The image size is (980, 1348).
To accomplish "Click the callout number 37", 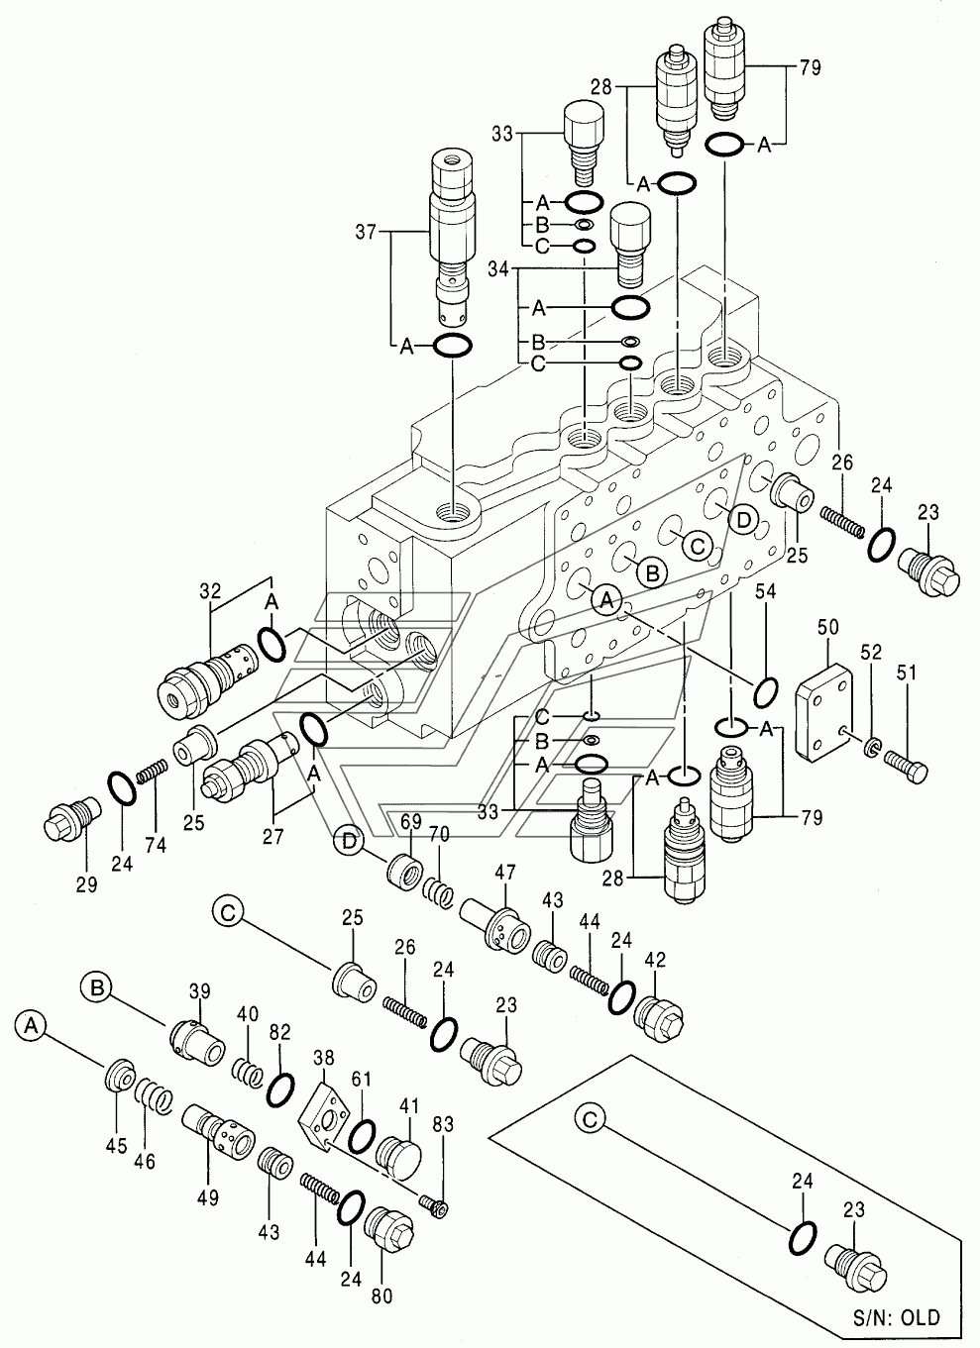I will click(367, 233).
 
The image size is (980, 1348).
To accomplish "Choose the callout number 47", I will click(505, 872).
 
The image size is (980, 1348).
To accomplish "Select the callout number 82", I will click(280, 1032).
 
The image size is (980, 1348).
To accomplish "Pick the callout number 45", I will click(116, 1146).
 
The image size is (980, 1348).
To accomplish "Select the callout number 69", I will click(410, 821).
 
